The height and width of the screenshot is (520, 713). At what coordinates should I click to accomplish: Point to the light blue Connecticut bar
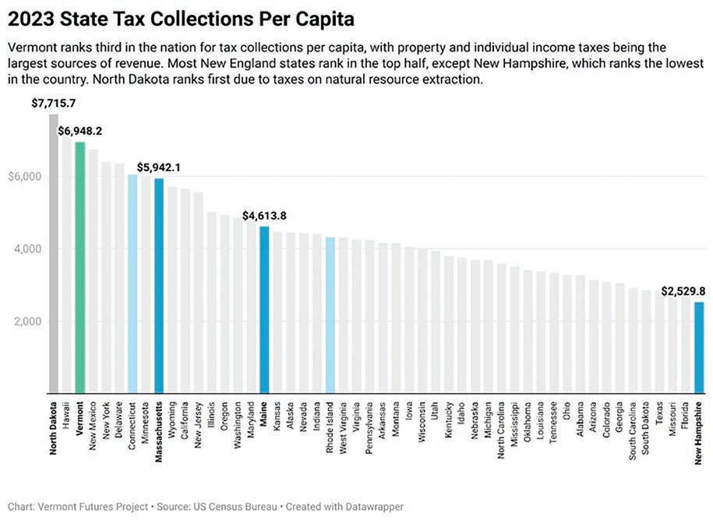click(132, 283)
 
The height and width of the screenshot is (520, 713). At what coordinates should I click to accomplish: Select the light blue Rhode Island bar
click(330, 314)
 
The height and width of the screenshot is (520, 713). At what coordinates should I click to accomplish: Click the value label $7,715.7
click(54, 104)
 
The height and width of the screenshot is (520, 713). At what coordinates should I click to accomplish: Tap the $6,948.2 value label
click(79, 132)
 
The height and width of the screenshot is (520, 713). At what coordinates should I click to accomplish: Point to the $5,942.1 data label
click(159, 167)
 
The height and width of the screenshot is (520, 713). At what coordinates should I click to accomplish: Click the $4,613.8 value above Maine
click(264, 216)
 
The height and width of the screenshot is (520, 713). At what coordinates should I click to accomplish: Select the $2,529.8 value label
click(683, 291)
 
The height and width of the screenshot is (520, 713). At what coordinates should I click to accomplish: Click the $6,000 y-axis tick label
click(25, 177)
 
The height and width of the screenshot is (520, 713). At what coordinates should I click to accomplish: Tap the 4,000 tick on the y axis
click(28, 249)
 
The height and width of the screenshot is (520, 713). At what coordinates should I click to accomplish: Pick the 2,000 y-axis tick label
click(28, 321)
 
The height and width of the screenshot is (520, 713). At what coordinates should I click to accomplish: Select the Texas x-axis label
click(659, 413)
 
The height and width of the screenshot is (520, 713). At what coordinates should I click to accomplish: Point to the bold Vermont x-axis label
click(80, 420)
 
